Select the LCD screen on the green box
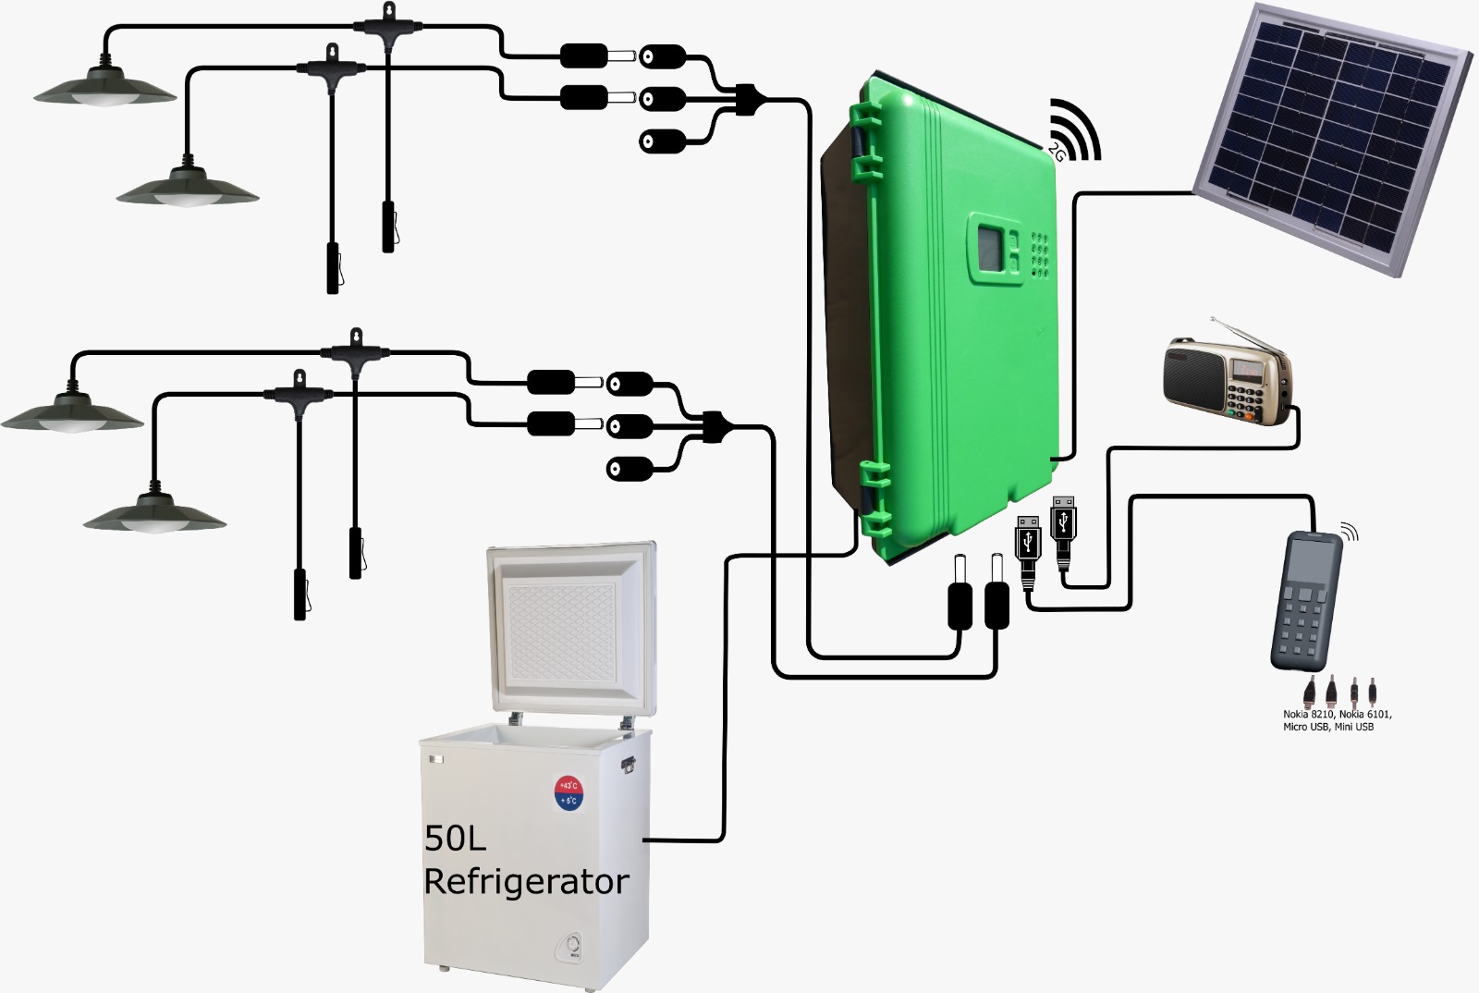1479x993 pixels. [989, 244]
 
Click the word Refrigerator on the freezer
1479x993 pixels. [526, 881]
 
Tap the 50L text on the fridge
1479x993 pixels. [455, 839]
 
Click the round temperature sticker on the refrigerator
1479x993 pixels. [568, 791]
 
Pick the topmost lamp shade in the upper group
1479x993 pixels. [105, 85]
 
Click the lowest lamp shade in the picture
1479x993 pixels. [154, 513]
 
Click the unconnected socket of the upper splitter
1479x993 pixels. [662, 141]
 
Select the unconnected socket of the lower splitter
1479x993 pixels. [629, 468]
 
